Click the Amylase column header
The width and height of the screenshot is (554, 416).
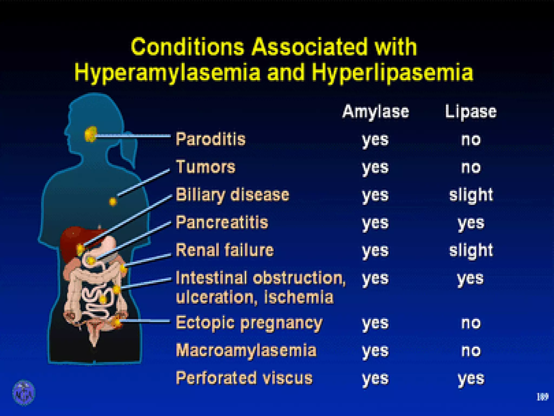point(375,112)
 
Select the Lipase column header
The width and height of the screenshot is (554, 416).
point(471,112)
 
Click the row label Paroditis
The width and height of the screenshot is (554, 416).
point(210,139)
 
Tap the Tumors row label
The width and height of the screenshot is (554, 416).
point(206,167)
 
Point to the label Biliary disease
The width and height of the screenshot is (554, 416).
point(232,195)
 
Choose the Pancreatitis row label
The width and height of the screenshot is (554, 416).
point(222,222)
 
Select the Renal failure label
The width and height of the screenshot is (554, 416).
point(225,250)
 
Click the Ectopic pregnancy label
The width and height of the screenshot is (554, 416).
point(249,323)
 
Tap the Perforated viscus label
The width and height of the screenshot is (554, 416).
point(244,378)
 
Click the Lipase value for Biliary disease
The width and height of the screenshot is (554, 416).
point(471,195)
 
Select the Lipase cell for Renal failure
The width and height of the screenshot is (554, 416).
point(471,250)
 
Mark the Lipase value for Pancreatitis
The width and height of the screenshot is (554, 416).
point(471,223)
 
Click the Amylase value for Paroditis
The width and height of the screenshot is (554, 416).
point(375,140)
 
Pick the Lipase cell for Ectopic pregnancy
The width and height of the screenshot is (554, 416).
point(471,323)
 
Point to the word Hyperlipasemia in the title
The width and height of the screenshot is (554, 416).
point(392,73)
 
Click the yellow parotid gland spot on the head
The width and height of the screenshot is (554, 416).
point(91,134)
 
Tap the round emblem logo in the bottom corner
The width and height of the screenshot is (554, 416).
point(24,392)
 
